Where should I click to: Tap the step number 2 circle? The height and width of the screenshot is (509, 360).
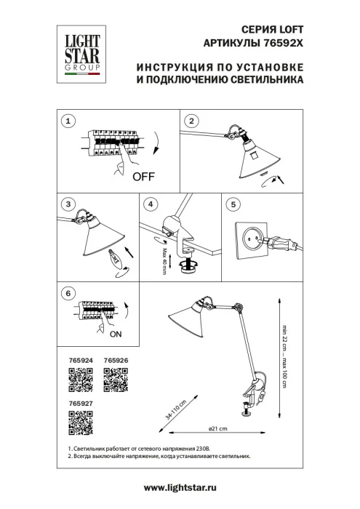191,121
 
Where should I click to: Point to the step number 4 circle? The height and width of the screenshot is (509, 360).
150,205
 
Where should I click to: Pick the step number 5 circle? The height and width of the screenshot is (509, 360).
232,205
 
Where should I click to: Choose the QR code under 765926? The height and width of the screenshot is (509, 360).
116,380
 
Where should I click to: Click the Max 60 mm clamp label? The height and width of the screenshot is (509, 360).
165,259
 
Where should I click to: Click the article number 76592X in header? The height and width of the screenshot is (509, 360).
280,43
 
